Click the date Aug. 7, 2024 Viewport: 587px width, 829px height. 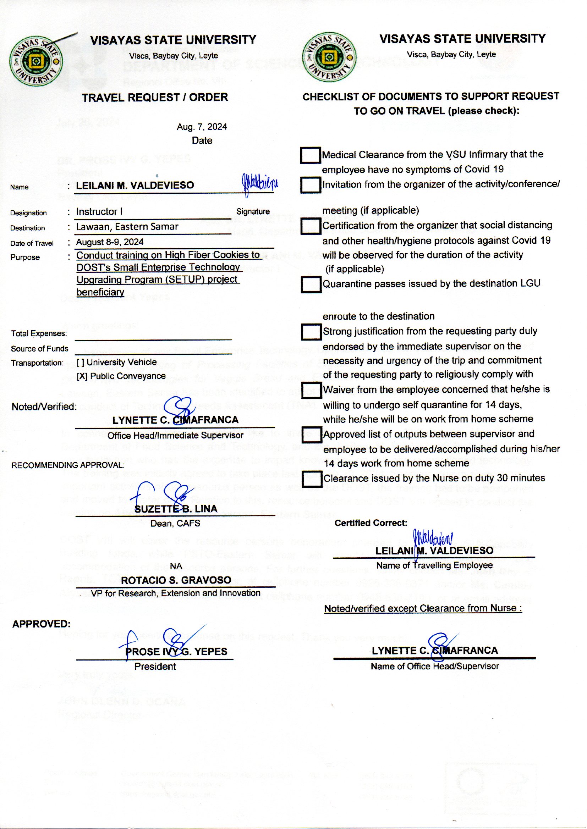click(x=202, y=127)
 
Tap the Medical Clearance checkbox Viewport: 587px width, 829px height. click(x=310, y=155)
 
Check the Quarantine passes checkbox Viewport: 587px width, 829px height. click(x=311, y=284)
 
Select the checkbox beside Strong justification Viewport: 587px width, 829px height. click(x=311, y=332)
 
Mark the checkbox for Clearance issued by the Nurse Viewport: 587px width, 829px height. click(x=312, y=479)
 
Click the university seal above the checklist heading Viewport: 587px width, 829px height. click(x=329, y=57)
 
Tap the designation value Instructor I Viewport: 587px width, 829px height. click(x=99, y=212)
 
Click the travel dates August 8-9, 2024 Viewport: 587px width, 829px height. click(x=110, y=242)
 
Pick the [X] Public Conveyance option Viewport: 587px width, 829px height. click(x=121, y=376)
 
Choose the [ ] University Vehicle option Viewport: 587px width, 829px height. click(x=117, y=362)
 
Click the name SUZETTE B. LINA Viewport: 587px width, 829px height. click(x=176, y=509)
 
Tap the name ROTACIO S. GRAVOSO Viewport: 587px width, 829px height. click(x=176, y=580)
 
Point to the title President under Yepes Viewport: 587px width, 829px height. click(x=155, y=667)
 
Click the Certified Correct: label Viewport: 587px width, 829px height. click(x=371, y=523)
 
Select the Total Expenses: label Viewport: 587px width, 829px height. click(x=39, y=333)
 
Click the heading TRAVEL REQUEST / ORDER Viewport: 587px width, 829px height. click(x=155, y=98)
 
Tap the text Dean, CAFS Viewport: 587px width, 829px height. click(x=175, y=524)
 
